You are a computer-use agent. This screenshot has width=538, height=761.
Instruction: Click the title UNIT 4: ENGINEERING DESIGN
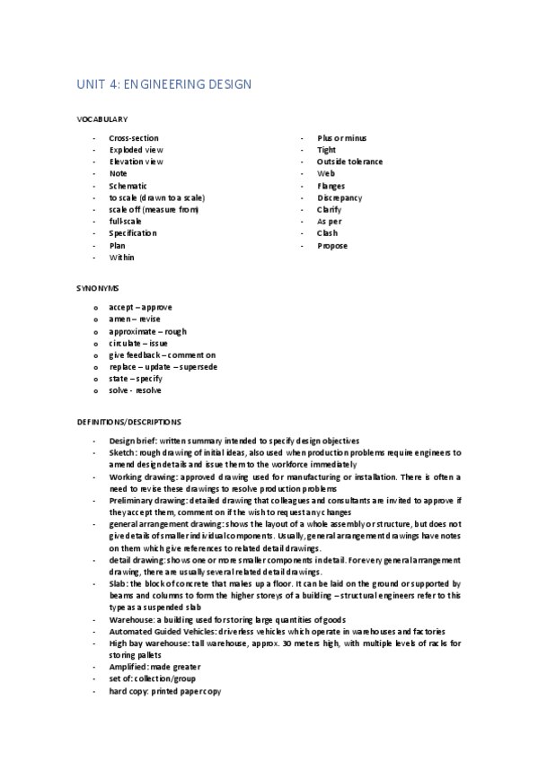click(x=163, y=84)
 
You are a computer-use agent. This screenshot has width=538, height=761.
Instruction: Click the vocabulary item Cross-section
click(x=134, y=138)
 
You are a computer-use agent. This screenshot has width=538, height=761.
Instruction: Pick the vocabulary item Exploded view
click(x=136, y=150)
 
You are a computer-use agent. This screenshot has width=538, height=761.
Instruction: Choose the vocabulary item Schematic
click(x=128, y=186)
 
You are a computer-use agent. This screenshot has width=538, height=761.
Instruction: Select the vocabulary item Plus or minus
click(x=342, y=138)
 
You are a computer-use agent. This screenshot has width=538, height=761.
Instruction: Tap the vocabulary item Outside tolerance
click(x=349, y=162)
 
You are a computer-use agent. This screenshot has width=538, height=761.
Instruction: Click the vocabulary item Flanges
click(x=331, y=186)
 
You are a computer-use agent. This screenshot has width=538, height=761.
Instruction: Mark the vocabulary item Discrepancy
click(x=340, y=197)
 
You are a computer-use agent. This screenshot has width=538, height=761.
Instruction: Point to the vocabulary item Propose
click(x=331, y=246)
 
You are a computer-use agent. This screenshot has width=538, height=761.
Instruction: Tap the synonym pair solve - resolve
click(x=136, y=390)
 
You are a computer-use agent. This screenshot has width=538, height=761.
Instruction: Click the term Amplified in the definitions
click(x=128, y=667)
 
